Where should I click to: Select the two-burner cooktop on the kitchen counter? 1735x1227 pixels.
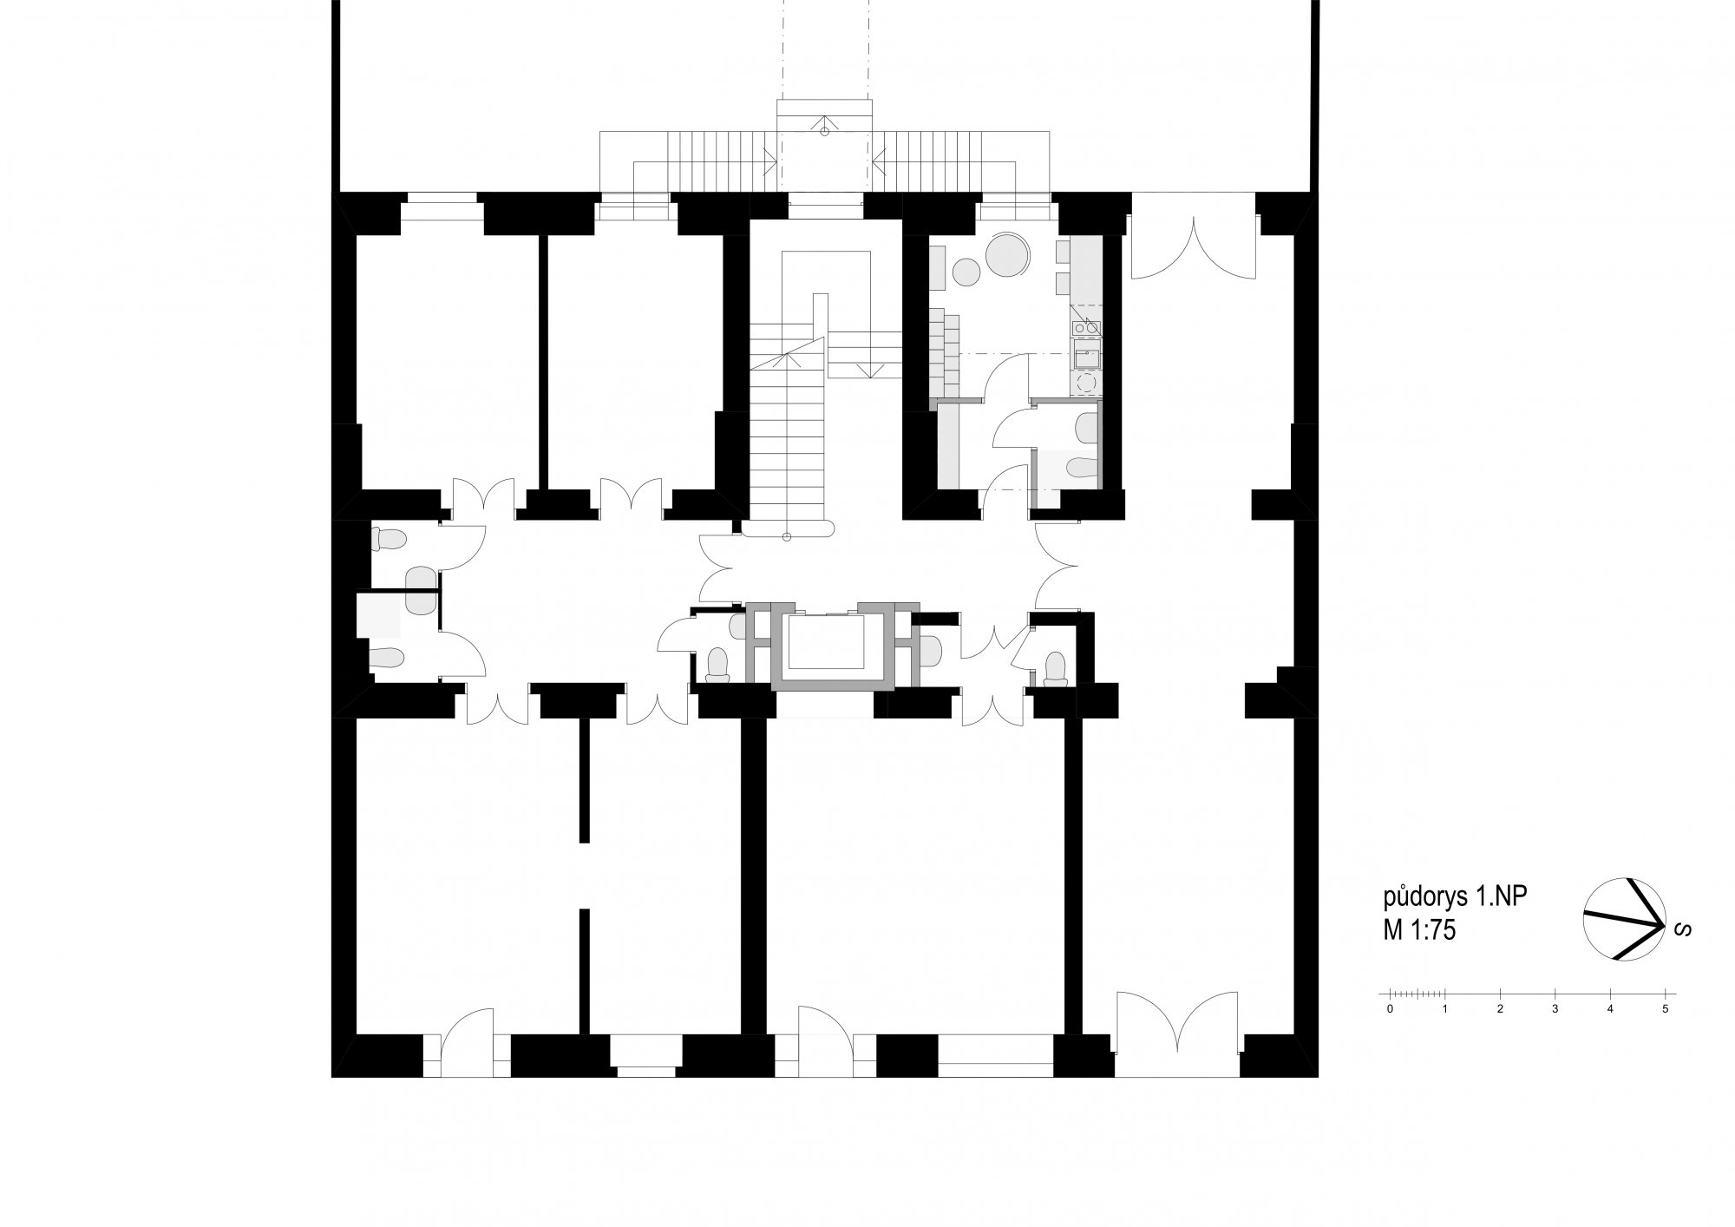pyautogui.click(x=1085, y=327)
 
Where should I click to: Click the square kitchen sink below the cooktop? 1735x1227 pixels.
pyautogui.click(x=1085, y=354)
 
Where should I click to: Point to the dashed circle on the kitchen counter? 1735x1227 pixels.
pyautogui.click(x=1085, y=382)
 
